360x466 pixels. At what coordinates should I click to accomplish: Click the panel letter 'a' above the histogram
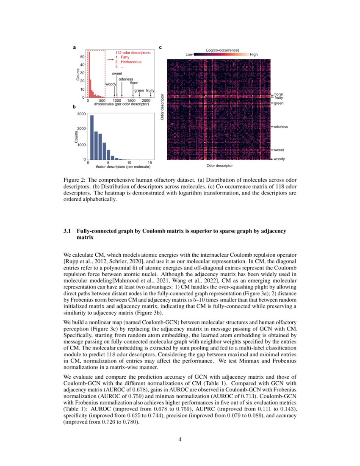coord(75,47)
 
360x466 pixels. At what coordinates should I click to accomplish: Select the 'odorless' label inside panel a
coord(126,79)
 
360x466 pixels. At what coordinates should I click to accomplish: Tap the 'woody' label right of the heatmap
coord(279,159)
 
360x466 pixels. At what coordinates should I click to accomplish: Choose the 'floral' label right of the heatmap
coord(278,94)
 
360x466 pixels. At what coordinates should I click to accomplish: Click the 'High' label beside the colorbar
coord(254,55)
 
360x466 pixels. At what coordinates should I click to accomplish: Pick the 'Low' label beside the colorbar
coord(189,55)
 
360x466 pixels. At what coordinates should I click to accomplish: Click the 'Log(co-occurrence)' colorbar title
coord(223,50)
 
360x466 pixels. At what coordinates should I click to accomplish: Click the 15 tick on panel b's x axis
coord(150,163)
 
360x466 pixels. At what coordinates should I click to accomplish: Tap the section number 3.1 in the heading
coord(67,231)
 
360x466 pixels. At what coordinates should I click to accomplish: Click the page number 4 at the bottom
coord(180,439)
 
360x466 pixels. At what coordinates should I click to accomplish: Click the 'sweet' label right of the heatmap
coord(279,150)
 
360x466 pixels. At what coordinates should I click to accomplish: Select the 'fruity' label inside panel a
coord(150,91)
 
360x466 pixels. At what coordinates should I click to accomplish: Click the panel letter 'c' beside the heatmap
coord(160,47)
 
